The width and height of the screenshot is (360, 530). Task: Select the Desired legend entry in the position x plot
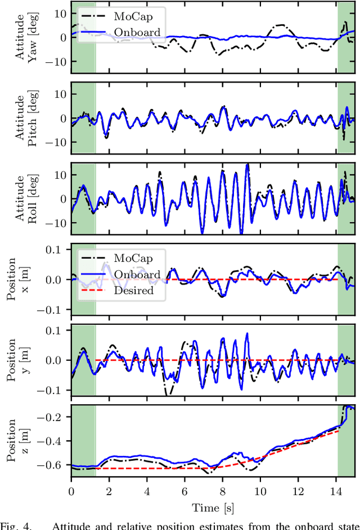click(133, 290)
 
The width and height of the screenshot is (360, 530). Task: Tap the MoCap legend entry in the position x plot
click(133, 259)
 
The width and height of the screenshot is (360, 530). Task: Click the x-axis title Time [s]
click(213, 508)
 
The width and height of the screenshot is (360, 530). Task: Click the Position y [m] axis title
click(16, 360)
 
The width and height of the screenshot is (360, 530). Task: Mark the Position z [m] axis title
click(16, 441)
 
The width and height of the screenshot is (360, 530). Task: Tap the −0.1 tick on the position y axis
click(55, 390)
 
